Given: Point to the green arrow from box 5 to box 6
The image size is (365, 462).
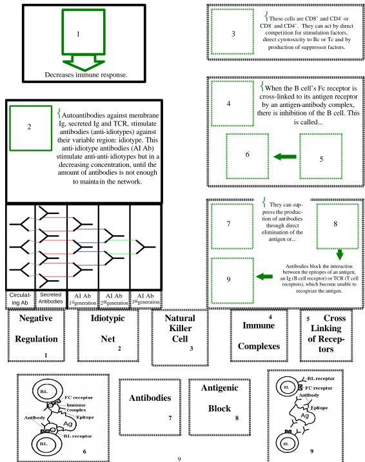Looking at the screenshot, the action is point(285,157).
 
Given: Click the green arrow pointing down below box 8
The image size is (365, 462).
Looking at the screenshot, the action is point(340,255).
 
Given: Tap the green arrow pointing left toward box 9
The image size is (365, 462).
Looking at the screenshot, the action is point(264,276).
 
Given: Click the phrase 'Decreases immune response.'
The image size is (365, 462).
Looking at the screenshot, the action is point(86,75).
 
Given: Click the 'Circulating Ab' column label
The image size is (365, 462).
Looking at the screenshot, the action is point(20,299).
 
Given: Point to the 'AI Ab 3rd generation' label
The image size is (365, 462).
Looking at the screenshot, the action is point(146,299).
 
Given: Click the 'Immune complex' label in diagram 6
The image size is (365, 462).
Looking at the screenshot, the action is point(76,407).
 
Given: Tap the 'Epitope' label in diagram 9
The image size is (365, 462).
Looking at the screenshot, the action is point(319,408).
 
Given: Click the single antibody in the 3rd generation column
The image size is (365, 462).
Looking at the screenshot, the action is point(145,247).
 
